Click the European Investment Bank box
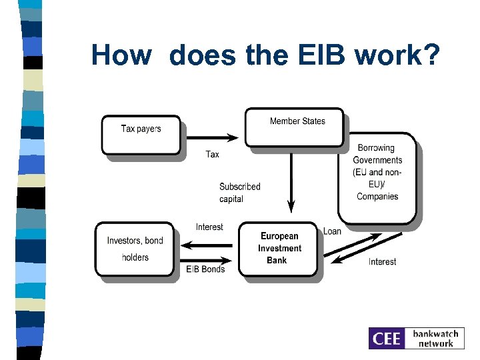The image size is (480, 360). pos(279,249)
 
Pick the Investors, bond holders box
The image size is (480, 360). pos(136,249)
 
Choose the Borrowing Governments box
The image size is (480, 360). pos(377,177)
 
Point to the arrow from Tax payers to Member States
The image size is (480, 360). pos(212,138)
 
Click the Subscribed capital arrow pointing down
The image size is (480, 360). pos(291,180)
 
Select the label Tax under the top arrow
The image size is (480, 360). pos(212,154)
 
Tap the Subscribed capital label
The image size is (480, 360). pos(239,193)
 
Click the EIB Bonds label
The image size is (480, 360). pos(205,269)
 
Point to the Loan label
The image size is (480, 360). pos(332,231)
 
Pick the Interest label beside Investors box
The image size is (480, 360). pos(209,227)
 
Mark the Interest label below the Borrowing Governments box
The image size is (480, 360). pos(382,262)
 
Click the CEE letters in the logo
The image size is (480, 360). pos(387,339)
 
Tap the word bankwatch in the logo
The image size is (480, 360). pos(436,333)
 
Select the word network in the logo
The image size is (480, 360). pos(436,344)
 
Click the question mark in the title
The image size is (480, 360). pos(430,55)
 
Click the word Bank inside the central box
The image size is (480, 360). pos(277,260)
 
